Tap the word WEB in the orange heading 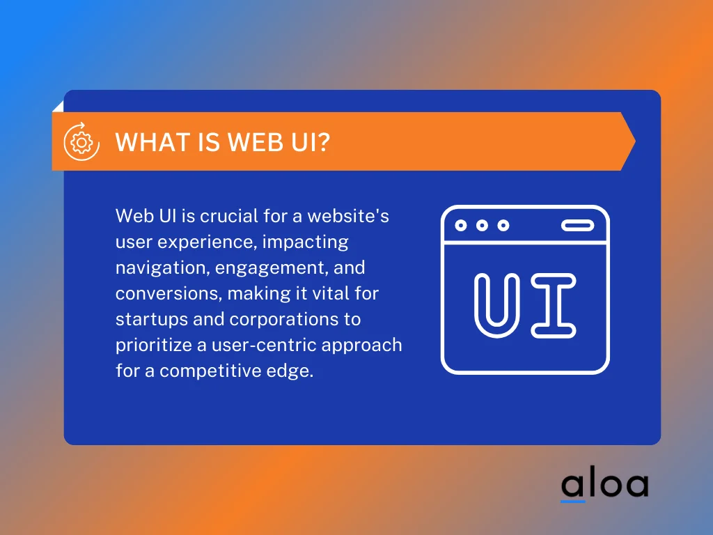249,142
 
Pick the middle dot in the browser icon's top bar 481,225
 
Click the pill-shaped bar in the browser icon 577,225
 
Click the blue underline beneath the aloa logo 573,501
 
